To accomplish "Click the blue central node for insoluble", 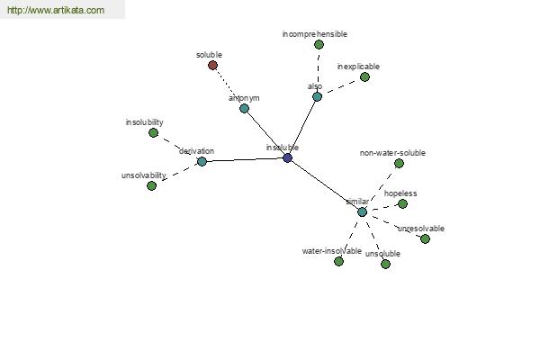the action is coord(288,158).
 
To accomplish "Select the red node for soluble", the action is coord(212,65).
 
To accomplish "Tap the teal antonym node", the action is coord(244,109).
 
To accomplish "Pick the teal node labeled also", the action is coord(317,97).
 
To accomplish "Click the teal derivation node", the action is coord(202,161).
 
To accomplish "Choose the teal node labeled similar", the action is coord(362,211).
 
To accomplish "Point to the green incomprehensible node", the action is coord(319,44).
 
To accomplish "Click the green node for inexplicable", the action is coord(364,76).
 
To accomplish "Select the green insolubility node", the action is coord(153,132).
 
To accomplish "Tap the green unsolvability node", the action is coord(151,185).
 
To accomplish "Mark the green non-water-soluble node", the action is coord(399,163).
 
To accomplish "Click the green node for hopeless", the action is coord(402,204).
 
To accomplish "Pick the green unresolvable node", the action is coord(425,238).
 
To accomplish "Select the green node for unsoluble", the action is coord(385,265).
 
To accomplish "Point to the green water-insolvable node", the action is coord(338,262).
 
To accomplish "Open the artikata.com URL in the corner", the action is coord(56,10).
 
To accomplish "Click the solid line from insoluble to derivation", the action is coord(245,160).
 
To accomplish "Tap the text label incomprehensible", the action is coord(315,34).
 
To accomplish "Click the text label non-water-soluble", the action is coord(392,153).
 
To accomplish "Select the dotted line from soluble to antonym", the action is coord(228,85).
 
